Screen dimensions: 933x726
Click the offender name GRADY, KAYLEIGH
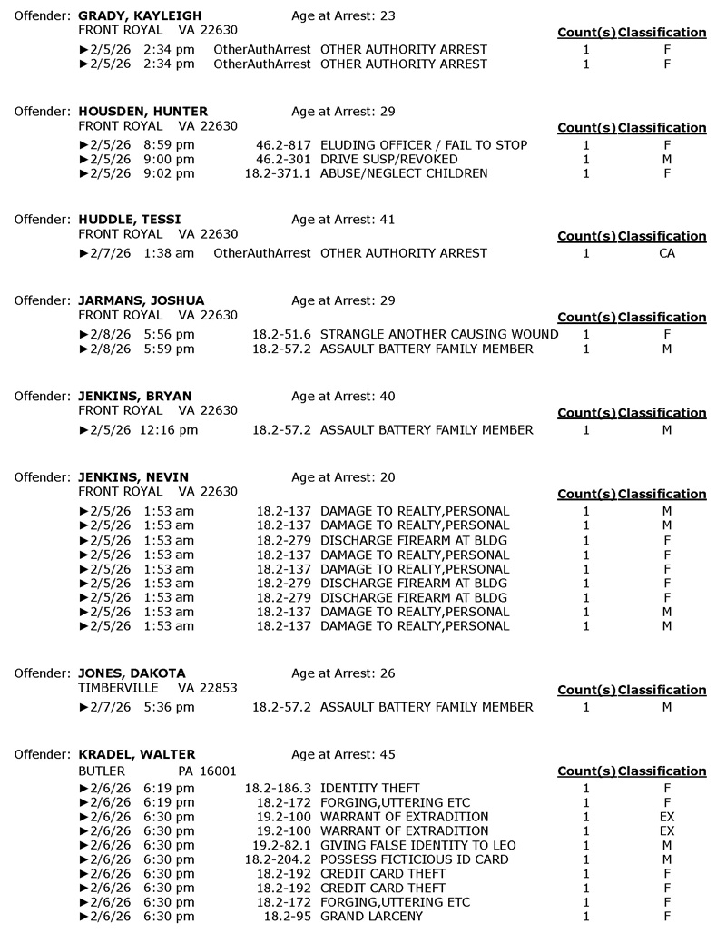pyautogui.click(x=140, y=16)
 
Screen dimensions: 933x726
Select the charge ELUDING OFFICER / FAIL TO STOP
pyautogui.click(x=424, y=145)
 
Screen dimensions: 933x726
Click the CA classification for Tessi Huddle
pyautogui.click(x=666, y=253)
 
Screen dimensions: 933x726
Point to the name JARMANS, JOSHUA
pyautogui.click(x=142, y=300)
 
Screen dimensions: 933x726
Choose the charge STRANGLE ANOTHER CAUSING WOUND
pyautogui.click(x=439, y=334)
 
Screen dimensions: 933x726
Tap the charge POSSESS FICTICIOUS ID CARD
pyautogui.click(x=415, y=859)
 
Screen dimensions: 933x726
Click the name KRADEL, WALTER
pyautogui.click(x=137, y=754)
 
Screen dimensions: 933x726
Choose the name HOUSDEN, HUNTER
pyautogui.click(x=143, y=112)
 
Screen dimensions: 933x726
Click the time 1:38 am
pyautogui.click(x=168, y=253)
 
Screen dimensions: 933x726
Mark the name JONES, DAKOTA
pyautogui.click(x=132, y=673)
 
